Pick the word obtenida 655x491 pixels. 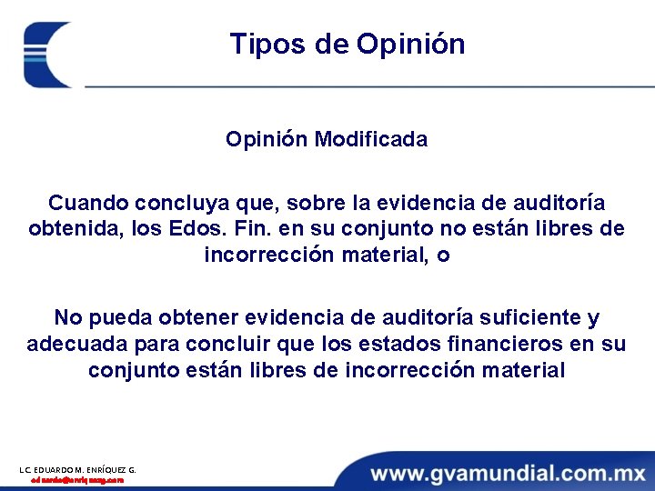click(x=70, y=228)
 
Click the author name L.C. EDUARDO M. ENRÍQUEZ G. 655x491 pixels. click(x=77, y=469)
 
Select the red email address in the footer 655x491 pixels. click(x=76, y=480)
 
